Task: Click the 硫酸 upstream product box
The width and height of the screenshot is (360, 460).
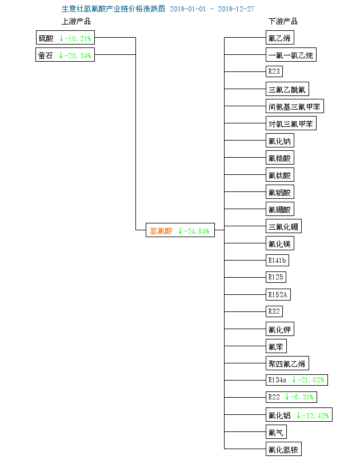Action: click(x=65, y=38)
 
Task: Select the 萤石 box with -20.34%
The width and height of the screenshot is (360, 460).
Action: click(x=65, y=54)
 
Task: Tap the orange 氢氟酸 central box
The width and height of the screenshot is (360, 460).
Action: click(x=180, y=230)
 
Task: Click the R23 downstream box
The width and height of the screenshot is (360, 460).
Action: click(x=274, y=71)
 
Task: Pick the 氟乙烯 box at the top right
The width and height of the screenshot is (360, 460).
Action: click(x=280, y=38)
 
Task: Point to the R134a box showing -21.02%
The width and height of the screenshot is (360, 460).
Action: click(x=297, y=380)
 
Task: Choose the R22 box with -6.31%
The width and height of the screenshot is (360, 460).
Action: click(x=291, y=397)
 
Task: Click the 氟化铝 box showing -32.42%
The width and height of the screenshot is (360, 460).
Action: click(x=299, y=414)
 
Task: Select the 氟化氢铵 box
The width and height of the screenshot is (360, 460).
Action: click(x=283, y=449)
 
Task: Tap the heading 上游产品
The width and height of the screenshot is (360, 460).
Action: click(x=76, y=21)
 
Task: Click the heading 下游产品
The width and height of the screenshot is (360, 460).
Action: click(x=283, y=21)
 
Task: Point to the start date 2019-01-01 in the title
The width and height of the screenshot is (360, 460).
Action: click(x=188, y=9)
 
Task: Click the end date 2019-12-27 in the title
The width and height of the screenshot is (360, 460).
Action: click(x=236, y=9)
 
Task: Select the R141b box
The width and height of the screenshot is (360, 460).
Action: click(x=277, y=260)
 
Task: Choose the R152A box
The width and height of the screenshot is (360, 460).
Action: click(x=278, y=294)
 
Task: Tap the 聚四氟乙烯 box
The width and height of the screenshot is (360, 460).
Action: click(x=287, y=363)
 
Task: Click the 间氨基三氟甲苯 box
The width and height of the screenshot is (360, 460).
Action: click(x=295, y=106)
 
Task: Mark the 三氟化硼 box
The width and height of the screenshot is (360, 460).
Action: click(x=283, y=226)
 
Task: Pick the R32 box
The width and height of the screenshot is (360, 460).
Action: click(x=274, y=311)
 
